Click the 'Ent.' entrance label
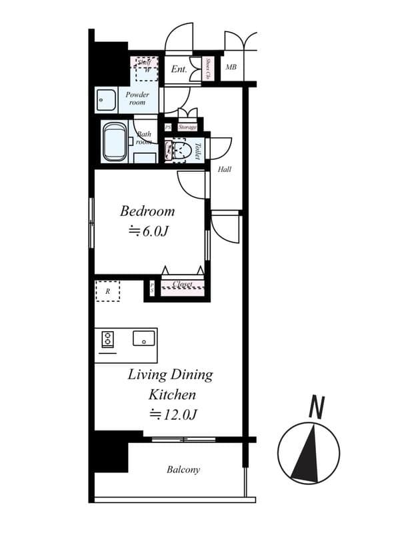pos(178,69)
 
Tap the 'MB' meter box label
pos(231,67)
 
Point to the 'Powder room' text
pos(137,99)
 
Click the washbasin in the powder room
pos(106,100)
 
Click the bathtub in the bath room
pos(115,142)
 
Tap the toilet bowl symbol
pos(179,151)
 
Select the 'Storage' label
pos(187,127)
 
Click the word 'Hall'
pos(225,170)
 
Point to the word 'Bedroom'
pos(147,211)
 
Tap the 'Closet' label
pos(182,284)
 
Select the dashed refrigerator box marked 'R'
pos(107,291)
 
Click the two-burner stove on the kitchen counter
pos(107,340)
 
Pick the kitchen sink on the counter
pos(143,338)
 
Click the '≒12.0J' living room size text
pos(171,414)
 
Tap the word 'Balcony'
pos(183,470)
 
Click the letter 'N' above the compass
pos(317,406)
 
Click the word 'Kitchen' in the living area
pos(171,394)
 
